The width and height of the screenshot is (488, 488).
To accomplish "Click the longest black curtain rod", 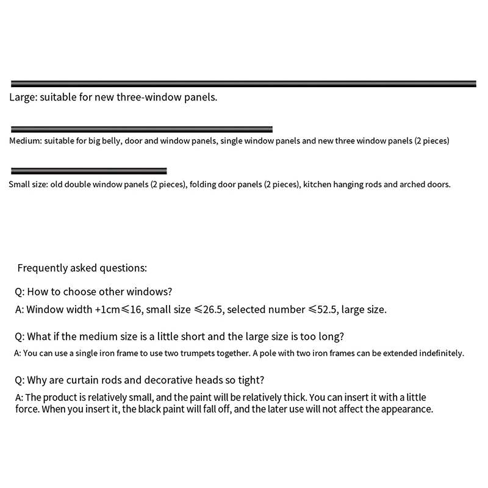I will pyautogui.click(x=244, y=83).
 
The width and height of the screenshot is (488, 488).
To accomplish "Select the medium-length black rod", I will pyautogui.click(x=142, y=129).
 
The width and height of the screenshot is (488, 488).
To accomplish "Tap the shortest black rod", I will pyautogui.click(x=89, y=171).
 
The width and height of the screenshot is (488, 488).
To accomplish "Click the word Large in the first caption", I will pyautogui.click(x=23, y=97).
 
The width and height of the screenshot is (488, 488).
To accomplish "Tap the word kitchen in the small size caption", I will pyautogui.click(x=317, y=184).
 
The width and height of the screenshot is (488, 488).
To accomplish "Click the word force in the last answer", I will pyautogui.click(x=27, y=409).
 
